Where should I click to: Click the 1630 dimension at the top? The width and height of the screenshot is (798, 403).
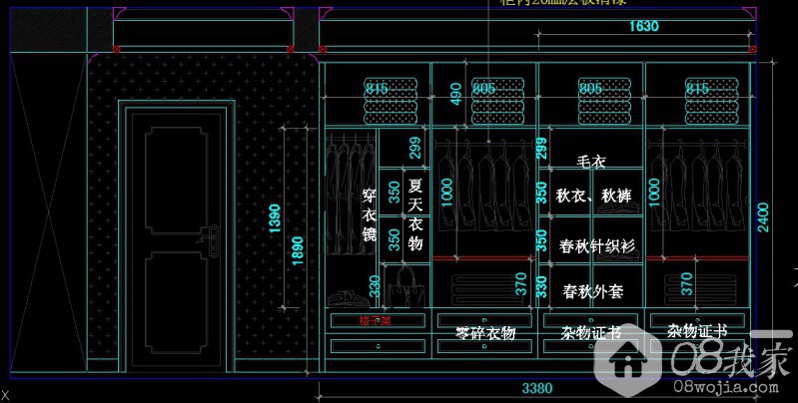tap(643, 27)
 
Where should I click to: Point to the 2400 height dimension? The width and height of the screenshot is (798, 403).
tap(764, 215)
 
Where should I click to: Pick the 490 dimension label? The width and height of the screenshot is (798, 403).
tap(455, 95)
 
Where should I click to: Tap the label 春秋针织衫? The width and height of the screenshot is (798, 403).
tap(597, 244)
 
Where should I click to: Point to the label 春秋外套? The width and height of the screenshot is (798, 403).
tap(593, 291)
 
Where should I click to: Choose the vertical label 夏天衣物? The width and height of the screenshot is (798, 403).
tap(416, 214)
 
